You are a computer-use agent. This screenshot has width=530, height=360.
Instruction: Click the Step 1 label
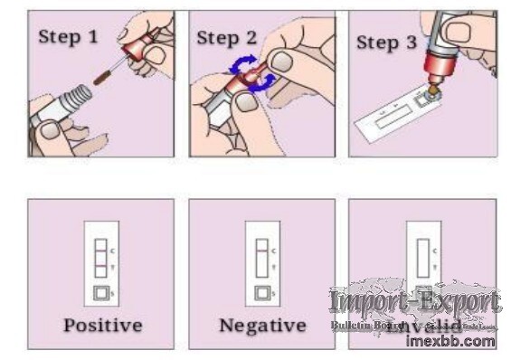pyautogui.click(x=67, y=37)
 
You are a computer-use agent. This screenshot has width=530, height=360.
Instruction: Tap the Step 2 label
pyautogui.click(x=227, y=37)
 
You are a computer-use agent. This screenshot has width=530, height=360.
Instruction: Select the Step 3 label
pyautogui.click(x=386, y=43)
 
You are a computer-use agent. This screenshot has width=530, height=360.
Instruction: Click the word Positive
pyautogui.click(x=100, y=324)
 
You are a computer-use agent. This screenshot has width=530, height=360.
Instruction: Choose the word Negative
pyautogui.click(x=261, y=324)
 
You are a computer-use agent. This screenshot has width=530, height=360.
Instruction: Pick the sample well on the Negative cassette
pyautogui.click(x=261, y=292)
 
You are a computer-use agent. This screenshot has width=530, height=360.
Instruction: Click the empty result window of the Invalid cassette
pyautogui.click(x=422, y=257)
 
